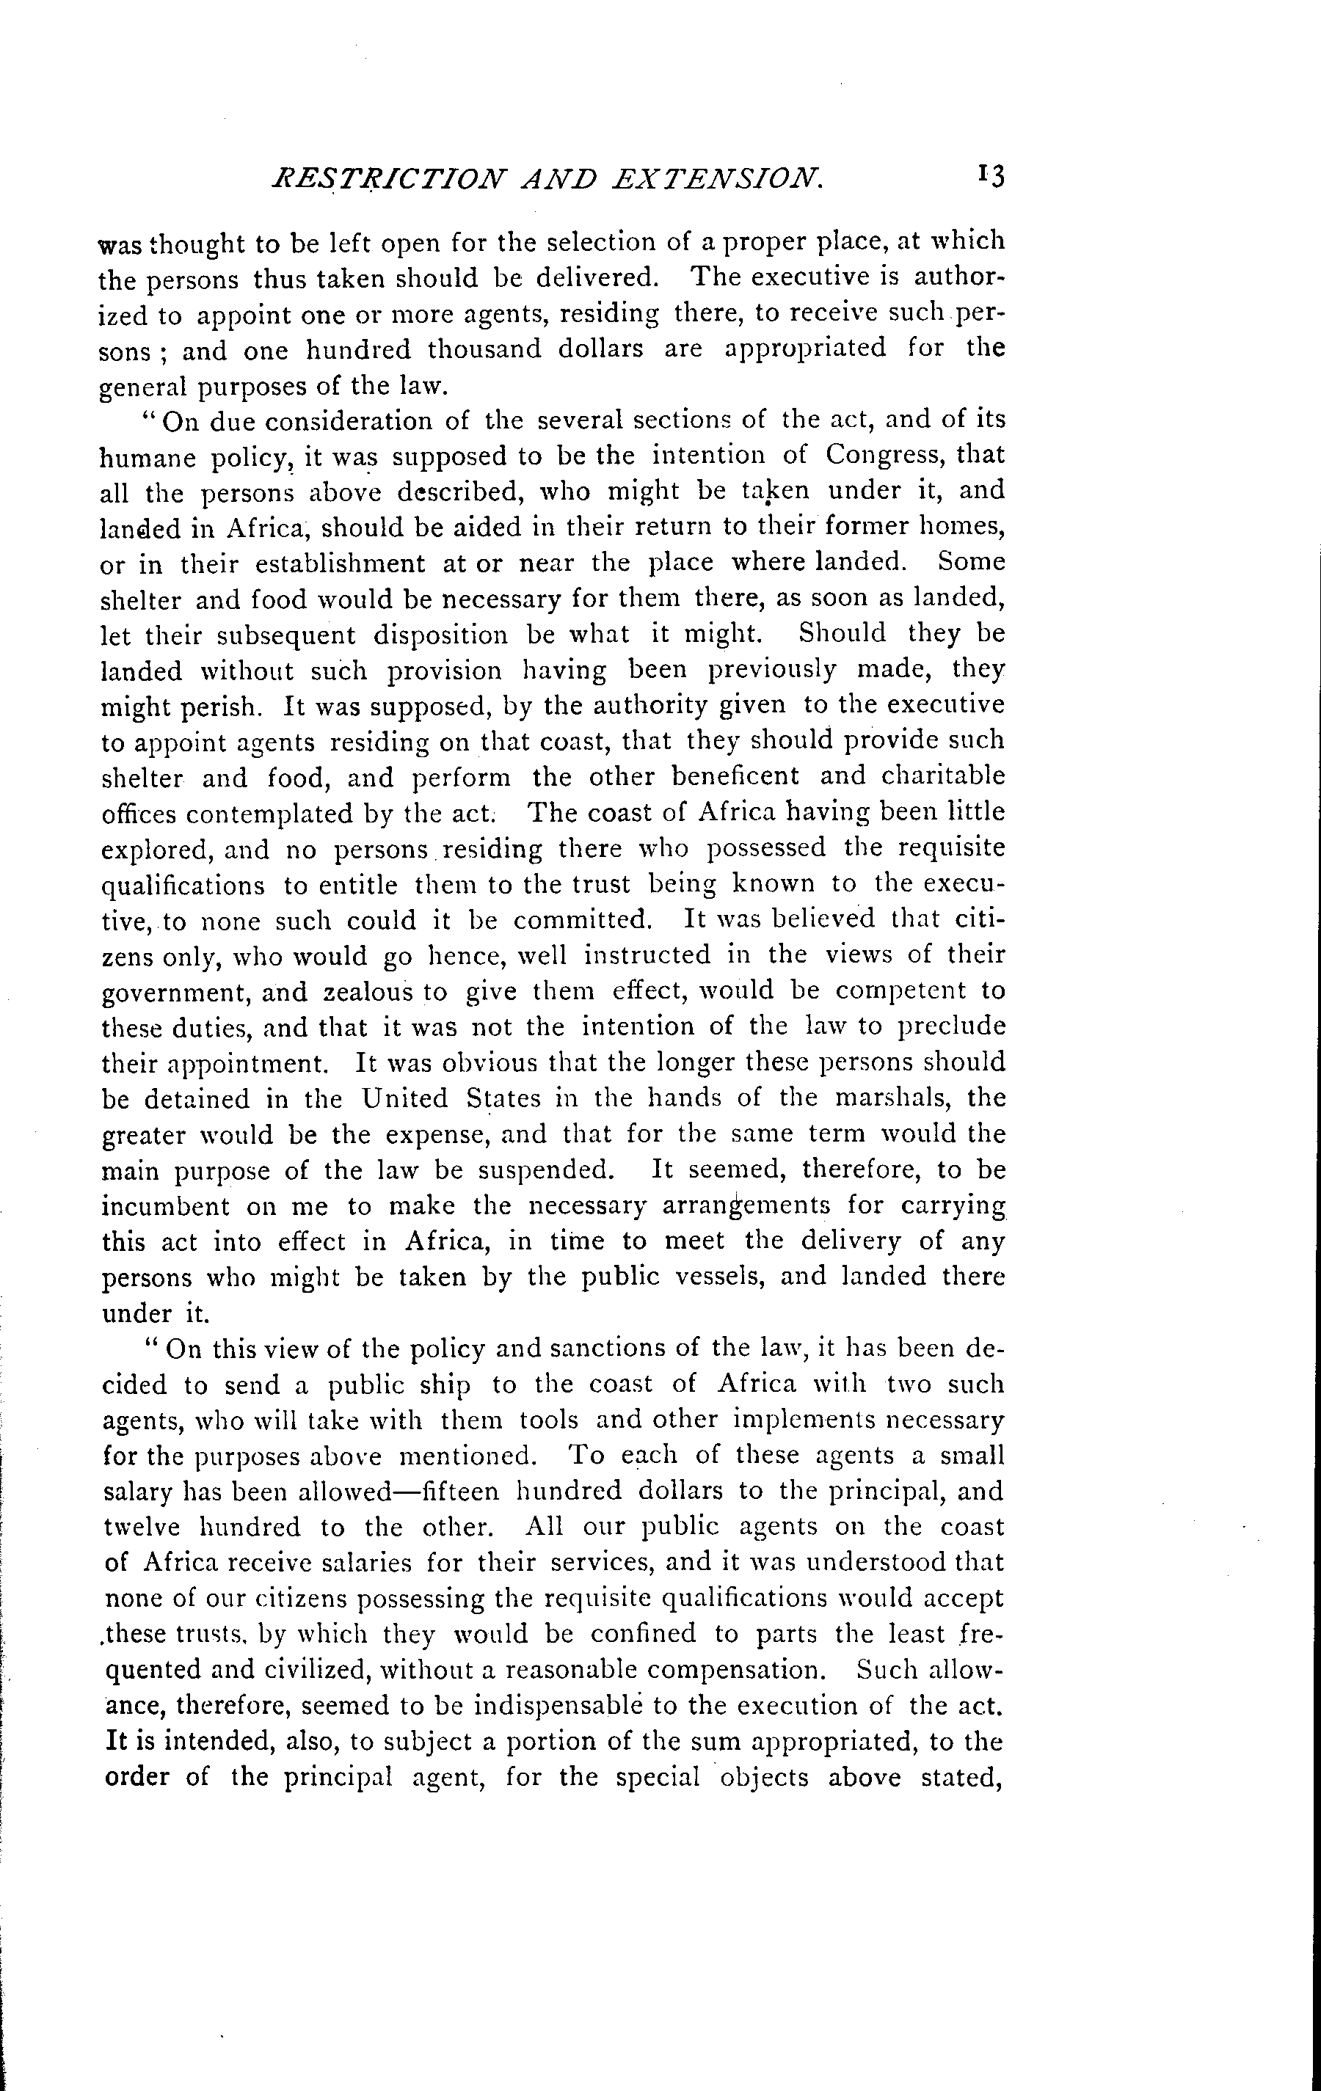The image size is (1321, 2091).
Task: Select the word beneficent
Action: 666,776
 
